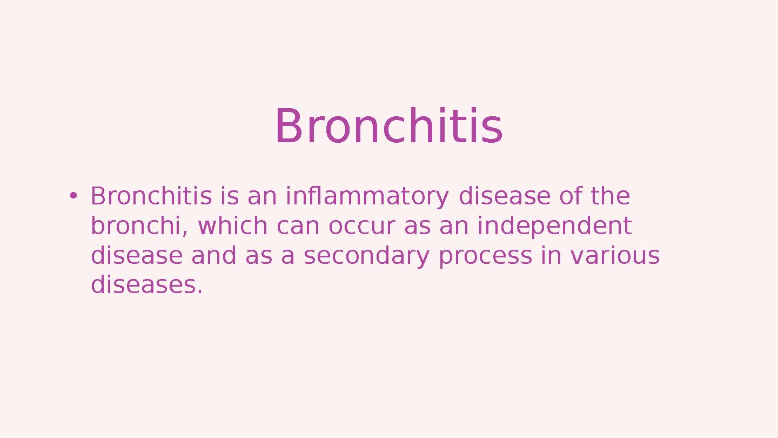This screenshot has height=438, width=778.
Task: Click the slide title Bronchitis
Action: (388, 127)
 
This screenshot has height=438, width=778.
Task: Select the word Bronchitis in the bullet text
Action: (151, 196)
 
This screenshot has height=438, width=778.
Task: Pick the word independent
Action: (554, 226)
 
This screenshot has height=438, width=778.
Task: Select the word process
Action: (485, 256)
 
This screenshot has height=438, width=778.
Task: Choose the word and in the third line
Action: (214, 256)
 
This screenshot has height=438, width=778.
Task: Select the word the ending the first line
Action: (611, 196)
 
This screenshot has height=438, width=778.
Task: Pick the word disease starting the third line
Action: (137, 256)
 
